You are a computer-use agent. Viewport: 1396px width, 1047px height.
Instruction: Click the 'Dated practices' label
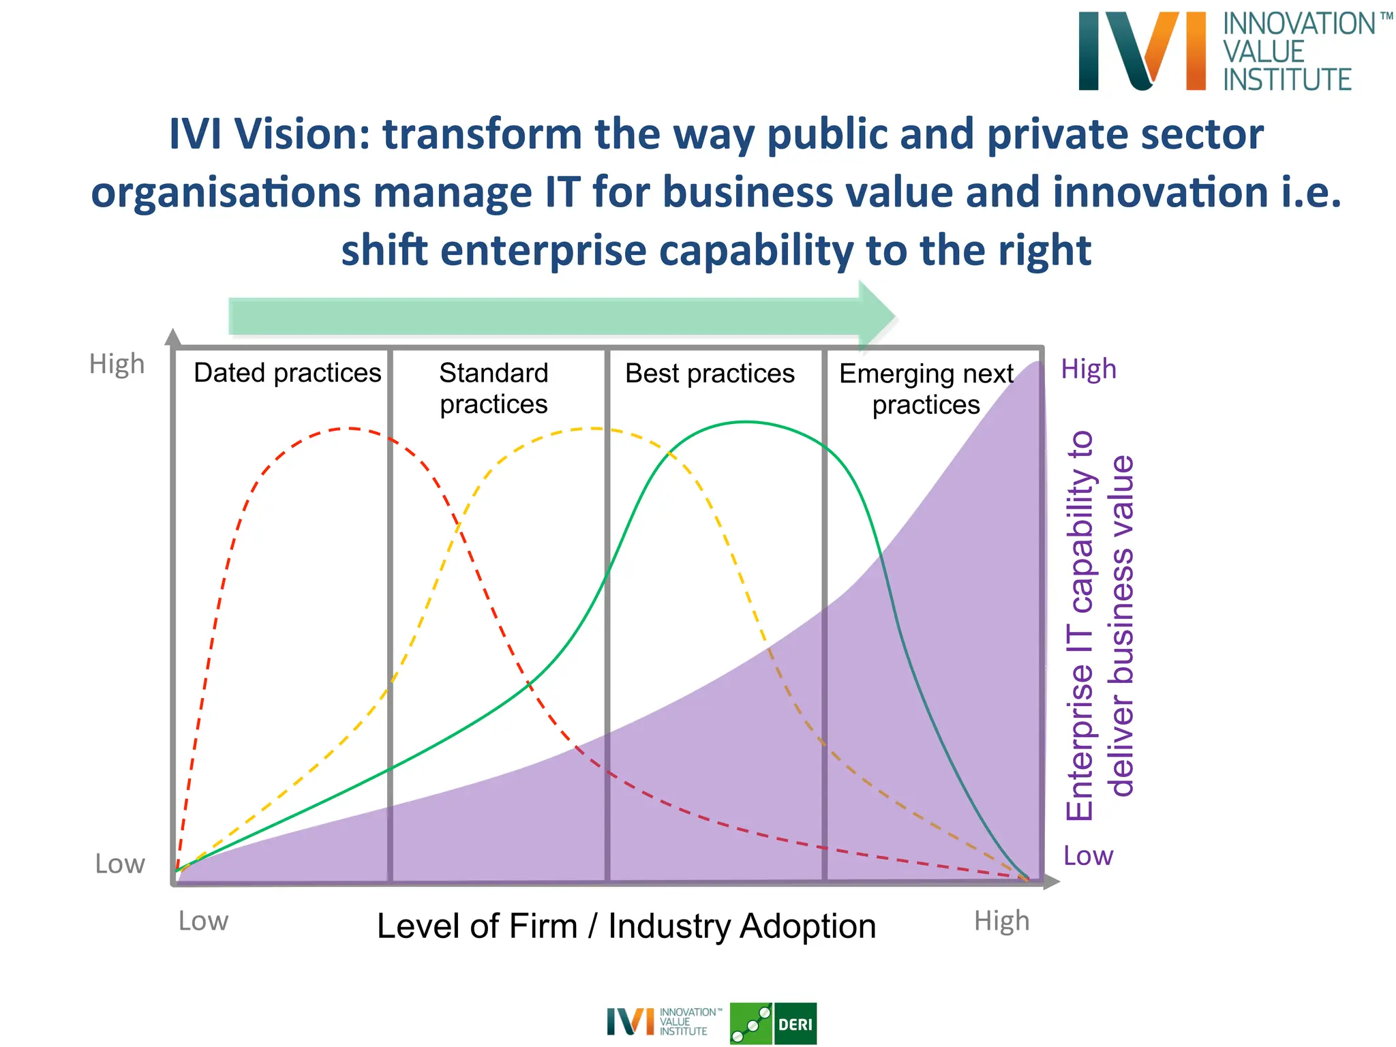(x=287, y=373)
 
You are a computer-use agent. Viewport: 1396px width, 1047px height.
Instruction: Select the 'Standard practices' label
(x=494, y=389)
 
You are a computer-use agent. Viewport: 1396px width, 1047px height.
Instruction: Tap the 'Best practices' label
(x=710, y=374)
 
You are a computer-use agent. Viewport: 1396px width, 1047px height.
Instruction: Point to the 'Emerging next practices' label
(x=926, y=389)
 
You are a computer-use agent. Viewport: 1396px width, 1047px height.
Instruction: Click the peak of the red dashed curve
(x=350, y=429)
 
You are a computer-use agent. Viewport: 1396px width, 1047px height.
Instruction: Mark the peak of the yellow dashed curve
(x=594, y=429)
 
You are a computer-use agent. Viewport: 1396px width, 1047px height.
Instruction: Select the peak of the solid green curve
(x=746, y=423)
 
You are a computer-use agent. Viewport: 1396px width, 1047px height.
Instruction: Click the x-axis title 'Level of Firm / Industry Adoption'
(x=626, y=926)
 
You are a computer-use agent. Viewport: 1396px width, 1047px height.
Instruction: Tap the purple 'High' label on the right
(x=1089, y=369)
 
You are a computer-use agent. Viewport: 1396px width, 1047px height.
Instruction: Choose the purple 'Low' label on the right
(x=1088, y=856)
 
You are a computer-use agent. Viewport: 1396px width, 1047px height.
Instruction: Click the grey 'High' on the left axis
(x=117, y=365)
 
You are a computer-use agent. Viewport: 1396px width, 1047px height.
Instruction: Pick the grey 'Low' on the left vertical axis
(x=120, y=864)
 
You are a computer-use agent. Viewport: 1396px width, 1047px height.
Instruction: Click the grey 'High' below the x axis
(x=1001, y=921)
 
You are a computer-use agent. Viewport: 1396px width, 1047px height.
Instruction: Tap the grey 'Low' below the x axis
(x=203, y=922)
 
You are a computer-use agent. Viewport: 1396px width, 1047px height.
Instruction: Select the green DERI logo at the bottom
(x=773, y=1023)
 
